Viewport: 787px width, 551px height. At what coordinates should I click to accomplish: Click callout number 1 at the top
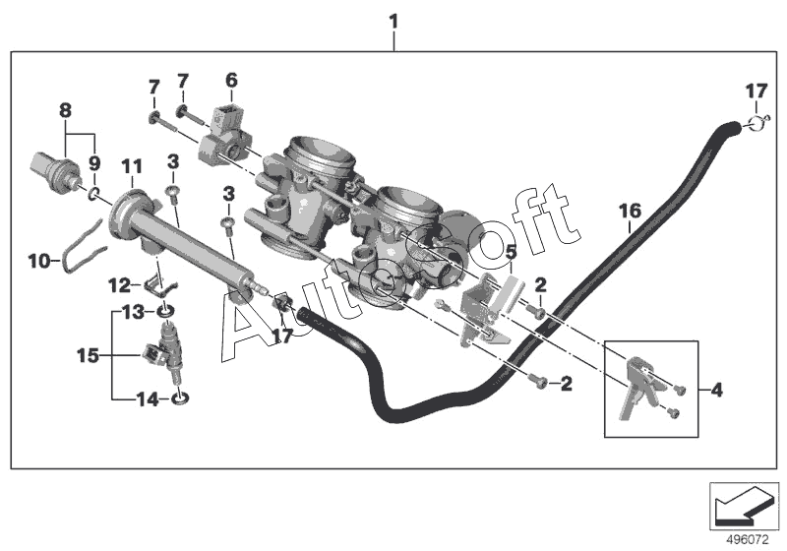tap(394, 20)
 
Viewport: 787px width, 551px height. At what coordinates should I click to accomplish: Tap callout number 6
tap(231, 79)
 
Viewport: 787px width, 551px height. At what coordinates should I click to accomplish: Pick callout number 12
tap(119, 285)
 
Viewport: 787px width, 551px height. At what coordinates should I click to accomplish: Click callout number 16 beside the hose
tap(630, 210)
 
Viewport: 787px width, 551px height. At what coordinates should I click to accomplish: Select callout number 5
tap(511, 252)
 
